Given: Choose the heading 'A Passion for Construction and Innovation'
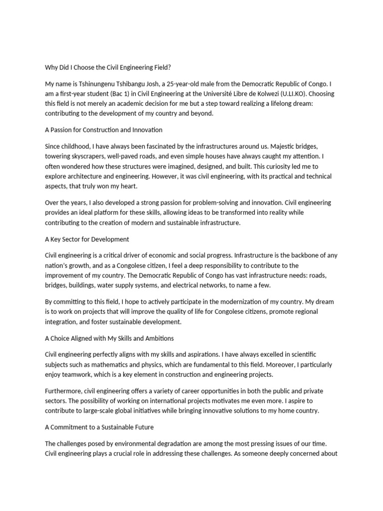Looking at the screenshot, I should click(104, 130).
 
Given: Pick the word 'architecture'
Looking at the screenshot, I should click(90, 177).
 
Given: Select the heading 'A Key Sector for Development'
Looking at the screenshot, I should click(87, 239).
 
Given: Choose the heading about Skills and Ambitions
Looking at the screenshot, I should click(109, 338).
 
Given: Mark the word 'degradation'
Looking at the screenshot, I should click(191, 444).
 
